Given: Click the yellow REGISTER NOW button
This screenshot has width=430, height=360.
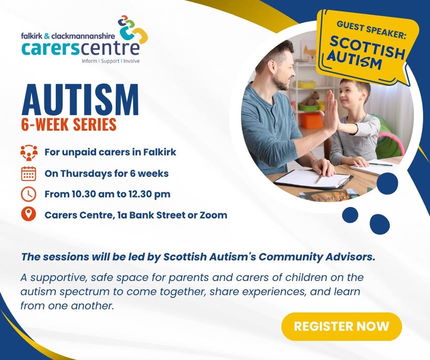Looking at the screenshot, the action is (341, 326).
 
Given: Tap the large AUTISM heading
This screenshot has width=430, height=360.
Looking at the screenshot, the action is (80, 99).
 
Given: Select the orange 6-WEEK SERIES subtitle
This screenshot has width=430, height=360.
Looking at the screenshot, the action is (69, 124).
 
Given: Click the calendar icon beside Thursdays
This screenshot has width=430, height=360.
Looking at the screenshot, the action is (29, 173).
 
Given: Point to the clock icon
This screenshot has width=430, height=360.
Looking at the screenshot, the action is (29, 194).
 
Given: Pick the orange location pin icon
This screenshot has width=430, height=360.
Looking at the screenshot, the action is (29, 214).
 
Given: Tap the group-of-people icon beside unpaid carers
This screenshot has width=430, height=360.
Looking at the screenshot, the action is (29, 152).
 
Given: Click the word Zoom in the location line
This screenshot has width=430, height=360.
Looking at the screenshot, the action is (213, 215).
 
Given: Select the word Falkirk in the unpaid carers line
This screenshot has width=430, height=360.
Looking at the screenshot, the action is (160, 152).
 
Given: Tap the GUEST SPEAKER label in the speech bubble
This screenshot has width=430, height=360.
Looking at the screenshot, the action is (371, 30).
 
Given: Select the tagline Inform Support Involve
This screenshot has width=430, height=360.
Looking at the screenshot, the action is (111, 61).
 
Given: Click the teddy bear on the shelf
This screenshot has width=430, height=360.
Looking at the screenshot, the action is (311, 98).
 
